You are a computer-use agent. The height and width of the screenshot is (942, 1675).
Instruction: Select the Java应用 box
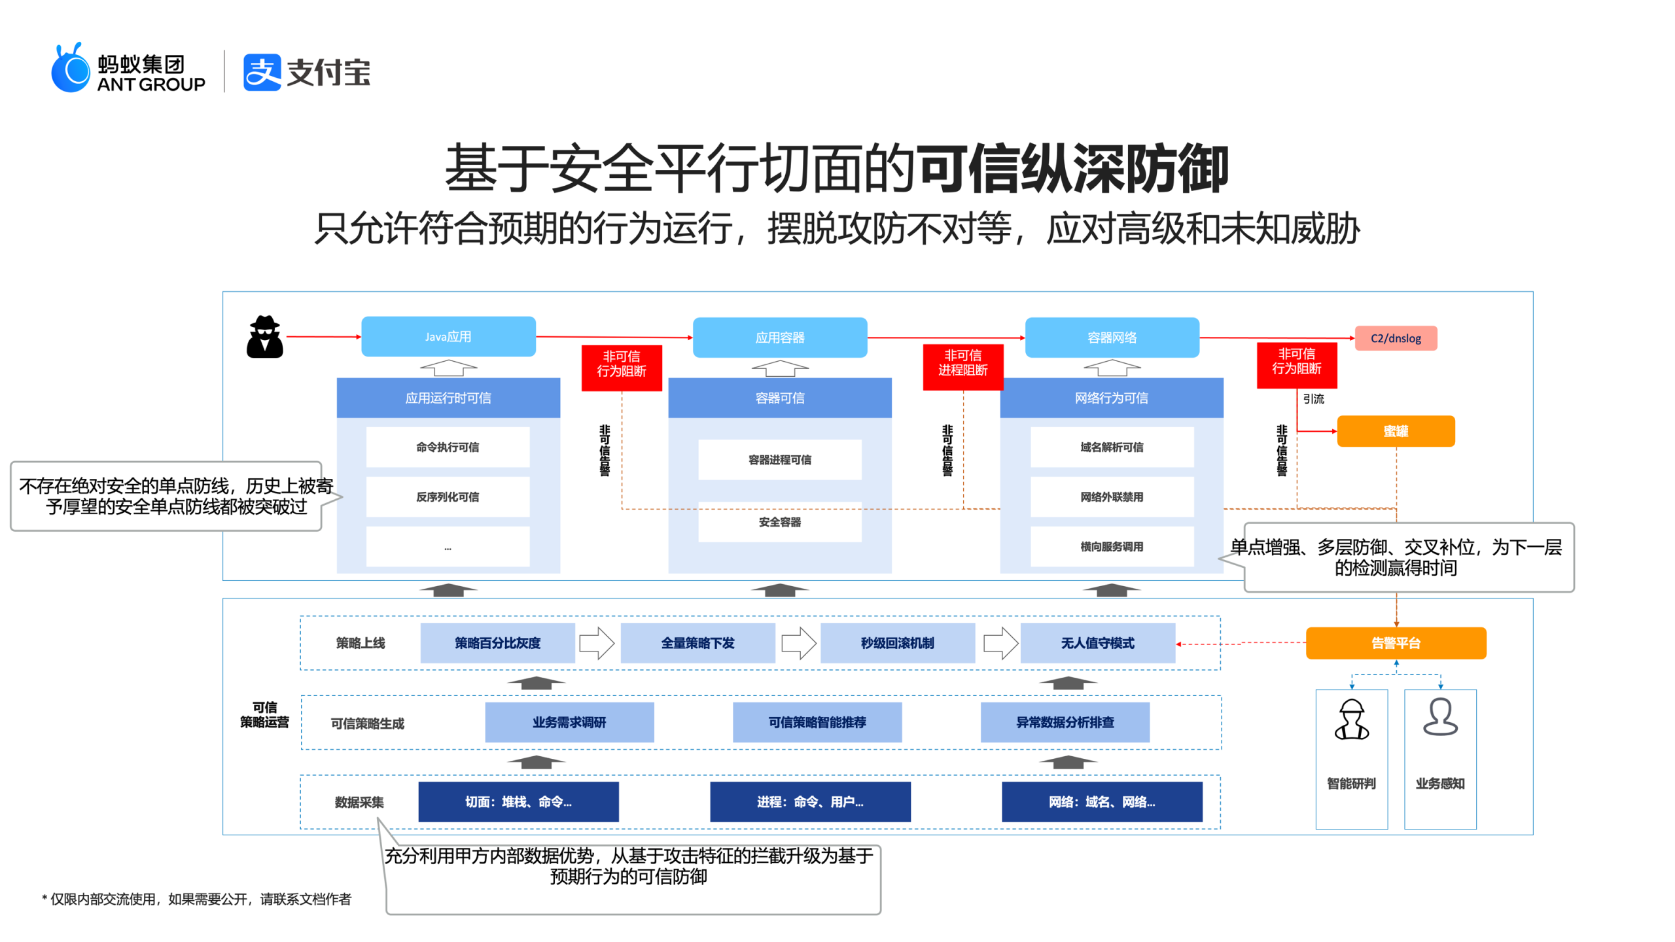[x=448, y=336]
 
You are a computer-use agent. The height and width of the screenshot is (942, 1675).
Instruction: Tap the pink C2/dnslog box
[x=1395, y=338]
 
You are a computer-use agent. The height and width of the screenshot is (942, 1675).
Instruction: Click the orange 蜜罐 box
[x=1395, y=431]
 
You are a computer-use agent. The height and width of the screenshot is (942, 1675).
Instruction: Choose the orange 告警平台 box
[x=1395, y=642]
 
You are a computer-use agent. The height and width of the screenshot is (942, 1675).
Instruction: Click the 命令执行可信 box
[x=448, y=447]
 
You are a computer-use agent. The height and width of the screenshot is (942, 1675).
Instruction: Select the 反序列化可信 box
[x=448, y=497]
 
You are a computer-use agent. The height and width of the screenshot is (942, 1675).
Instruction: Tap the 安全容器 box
[x=779, y=521]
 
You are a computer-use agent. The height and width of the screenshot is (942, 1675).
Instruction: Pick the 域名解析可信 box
[x=1111, y=447]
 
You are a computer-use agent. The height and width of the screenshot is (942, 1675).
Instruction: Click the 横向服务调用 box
[x=1111, y=546]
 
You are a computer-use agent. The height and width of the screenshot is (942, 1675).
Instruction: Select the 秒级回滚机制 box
[x=897, y=642]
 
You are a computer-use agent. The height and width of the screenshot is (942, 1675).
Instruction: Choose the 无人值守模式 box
[x=1097, y=642]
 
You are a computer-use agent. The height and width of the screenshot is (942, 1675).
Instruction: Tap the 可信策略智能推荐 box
[x=817, y=722]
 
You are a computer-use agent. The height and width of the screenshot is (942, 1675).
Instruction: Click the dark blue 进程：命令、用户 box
[x=810, y=801]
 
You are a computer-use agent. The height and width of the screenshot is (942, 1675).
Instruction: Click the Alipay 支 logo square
[x=262, y=72]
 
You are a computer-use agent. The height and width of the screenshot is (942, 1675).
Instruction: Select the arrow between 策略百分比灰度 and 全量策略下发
[x=597, y=642]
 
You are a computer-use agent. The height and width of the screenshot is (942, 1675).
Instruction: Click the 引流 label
[x=1313, y=398]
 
